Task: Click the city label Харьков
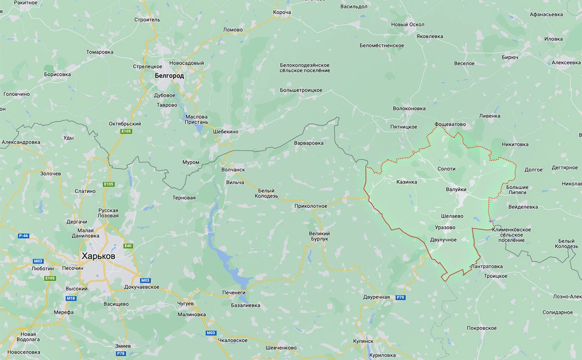tap(99, 256)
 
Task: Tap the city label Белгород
tap(169, 76)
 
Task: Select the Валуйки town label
tap(456, 189)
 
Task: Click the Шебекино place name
tap(225, 132)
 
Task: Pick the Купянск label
tap(364, 341)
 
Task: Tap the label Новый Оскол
tap(407, 25)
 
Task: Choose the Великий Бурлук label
tap(319, 236)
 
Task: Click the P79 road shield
tap(400, 297)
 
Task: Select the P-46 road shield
tap(23, 236)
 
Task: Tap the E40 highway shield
tap(128, 246)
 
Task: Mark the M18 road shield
tap(71, 298)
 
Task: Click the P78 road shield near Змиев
tap(121, 354)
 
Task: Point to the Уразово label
tap(445, 228)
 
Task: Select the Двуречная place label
tap(376, 297)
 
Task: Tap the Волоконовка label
tap(409, 108)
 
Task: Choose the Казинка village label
tap(406, 182)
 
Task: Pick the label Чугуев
tap(185, 304)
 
